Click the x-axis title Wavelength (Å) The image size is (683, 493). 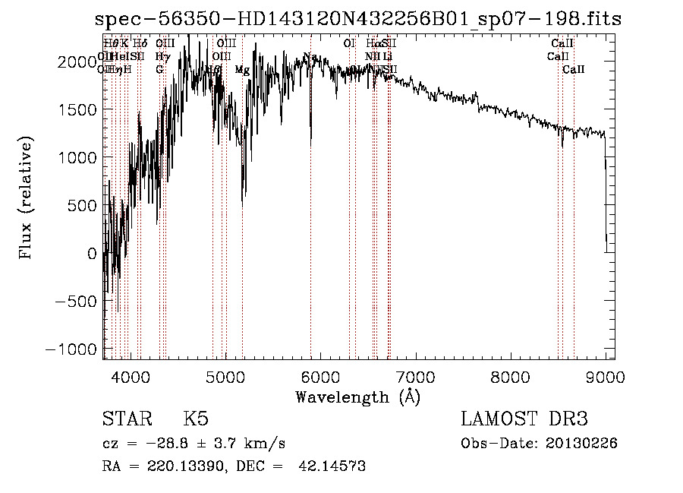click(358, 397)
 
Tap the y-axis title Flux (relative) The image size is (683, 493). click(27, 199)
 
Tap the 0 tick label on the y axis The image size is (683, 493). click(90, 254)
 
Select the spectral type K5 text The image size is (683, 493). click(196, 419)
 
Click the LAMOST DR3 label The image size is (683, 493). click(524, 419)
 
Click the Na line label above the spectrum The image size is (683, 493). click(310, 57)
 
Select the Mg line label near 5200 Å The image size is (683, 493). click(242, 70)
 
